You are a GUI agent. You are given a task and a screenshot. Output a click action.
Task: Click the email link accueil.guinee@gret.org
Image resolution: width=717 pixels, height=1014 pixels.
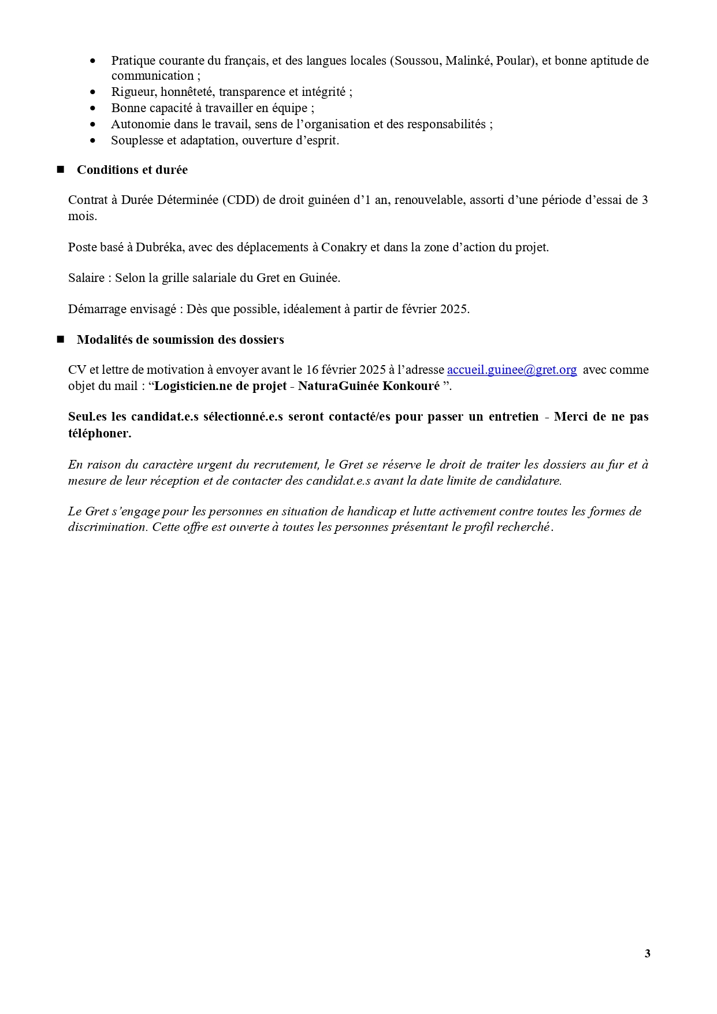[512, 370]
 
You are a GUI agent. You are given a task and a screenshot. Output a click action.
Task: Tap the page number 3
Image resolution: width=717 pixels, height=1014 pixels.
[647, 953]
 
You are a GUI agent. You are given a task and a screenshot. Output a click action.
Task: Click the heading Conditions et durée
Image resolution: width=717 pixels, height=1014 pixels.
[132, 170]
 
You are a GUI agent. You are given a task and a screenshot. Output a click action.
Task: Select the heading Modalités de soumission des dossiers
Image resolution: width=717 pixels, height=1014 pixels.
[180, 340]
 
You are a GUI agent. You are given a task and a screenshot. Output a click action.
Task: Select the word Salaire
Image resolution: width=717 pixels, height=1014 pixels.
[86, 278]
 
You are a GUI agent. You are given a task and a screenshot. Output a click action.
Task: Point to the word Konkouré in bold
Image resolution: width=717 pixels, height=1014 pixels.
[411, 386]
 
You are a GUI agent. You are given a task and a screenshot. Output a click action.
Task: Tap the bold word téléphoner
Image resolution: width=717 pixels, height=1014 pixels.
[99, 433]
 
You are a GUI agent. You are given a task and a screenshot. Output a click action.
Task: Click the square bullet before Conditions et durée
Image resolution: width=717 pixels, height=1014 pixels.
[60, 169]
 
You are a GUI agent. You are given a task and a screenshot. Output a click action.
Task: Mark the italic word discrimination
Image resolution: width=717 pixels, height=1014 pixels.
[106, 527]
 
